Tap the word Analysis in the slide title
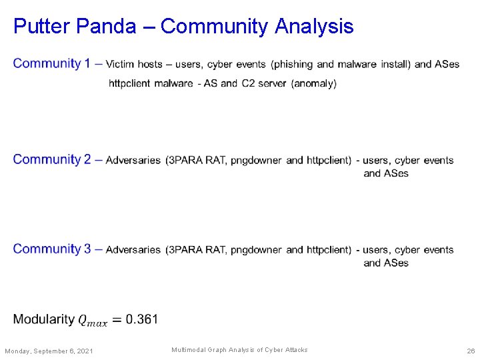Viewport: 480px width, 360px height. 314,27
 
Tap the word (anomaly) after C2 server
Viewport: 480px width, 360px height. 314,84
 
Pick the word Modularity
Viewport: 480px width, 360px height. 43,319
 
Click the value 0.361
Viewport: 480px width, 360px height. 143,319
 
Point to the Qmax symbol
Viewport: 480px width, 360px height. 92,321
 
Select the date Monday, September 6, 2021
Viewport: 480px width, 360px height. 49,351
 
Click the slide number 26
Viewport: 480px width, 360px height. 471,351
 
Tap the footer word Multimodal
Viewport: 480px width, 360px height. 189,350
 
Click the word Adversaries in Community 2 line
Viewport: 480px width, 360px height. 133,161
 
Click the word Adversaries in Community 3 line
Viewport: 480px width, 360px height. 133,250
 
